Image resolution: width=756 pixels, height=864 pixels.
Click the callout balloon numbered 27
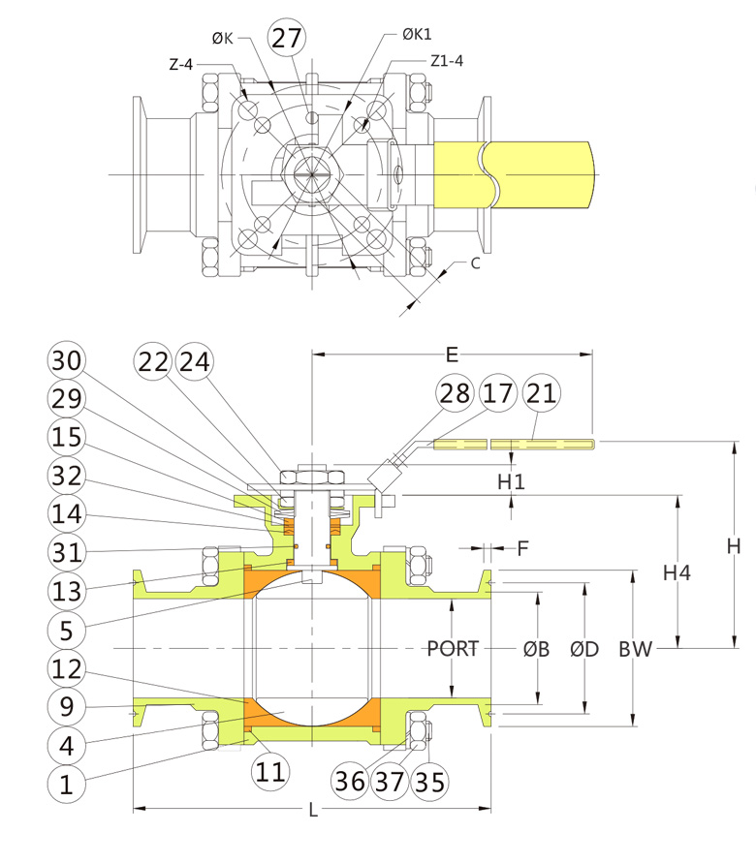click(x=287, y=39)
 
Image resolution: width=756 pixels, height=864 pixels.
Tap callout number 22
click(x=154, y=361)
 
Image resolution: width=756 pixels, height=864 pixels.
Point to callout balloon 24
click(x=194, y=361)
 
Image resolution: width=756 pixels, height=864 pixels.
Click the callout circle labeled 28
click(x=456, y=394)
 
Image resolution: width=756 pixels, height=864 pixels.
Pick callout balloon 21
click(x=541, y=394)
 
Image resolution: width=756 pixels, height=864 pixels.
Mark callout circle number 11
click(x=271, y=772)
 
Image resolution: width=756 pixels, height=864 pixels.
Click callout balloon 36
click(x=350, y=781)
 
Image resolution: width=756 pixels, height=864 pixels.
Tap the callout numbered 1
click(x=66, y=785)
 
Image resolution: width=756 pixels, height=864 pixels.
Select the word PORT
click(x=454, y=649)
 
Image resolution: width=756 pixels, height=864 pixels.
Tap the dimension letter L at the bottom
click(x=313, y=812)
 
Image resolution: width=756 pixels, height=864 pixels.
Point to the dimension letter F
click(x=523, y=549)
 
